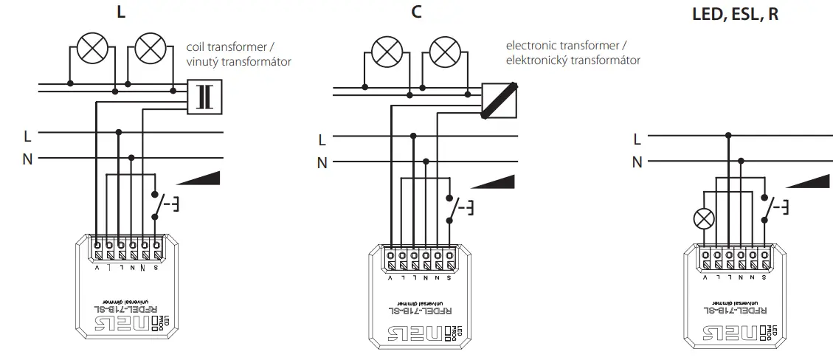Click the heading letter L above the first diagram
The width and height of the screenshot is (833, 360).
point(121,13)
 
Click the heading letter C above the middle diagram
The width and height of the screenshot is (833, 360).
point(417,13)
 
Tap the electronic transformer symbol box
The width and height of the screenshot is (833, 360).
point(500,100)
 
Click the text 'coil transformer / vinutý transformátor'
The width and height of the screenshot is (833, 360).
point(238,55)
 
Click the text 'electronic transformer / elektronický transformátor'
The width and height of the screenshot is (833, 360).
point(573,52)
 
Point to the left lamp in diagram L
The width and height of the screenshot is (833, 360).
point(92,49)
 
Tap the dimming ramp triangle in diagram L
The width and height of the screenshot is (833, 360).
point(198,179)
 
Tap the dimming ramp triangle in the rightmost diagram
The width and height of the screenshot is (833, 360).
point(809,182)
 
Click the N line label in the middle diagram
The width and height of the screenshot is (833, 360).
point(322,163)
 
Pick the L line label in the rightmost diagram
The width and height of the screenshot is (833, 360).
point(637,138)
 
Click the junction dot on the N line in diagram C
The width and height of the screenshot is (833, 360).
point(426,160)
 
